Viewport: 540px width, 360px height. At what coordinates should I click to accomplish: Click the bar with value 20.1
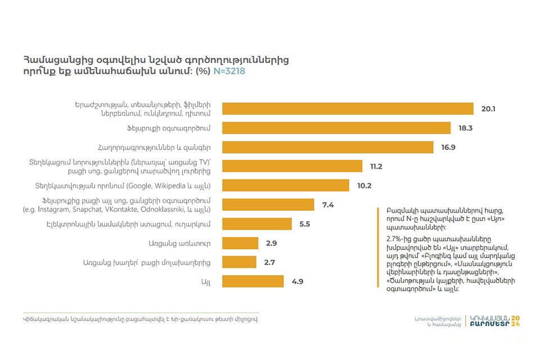(x=348, y=109)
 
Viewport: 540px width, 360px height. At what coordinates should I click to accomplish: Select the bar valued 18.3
(x=336, y=128)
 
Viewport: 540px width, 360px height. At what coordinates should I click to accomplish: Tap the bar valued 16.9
(x=328, y=147)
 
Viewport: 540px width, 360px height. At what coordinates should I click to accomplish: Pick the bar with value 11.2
(x=292, y=166)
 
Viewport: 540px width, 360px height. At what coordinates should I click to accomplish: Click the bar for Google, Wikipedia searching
(x=286, y=185)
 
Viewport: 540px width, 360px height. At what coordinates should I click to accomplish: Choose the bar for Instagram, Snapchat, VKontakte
(x=268, y=204)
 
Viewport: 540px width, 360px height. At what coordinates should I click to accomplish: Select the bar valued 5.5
(x=257, y=223)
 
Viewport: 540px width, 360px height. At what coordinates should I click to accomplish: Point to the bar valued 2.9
(x=240, y=242)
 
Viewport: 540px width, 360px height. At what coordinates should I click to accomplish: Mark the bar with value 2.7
(x=239, y=262)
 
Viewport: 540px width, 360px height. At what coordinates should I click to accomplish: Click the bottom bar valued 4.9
(x=253, y=281)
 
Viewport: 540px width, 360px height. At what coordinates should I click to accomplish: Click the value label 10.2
(x=364, y=185)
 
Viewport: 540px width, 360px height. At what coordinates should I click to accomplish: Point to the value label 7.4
(x=328, y=204)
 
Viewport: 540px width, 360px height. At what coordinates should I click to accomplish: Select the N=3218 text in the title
(x=229, y=71)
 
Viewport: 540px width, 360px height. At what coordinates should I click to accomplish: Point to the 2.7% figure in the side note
(x=389, y=238)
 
